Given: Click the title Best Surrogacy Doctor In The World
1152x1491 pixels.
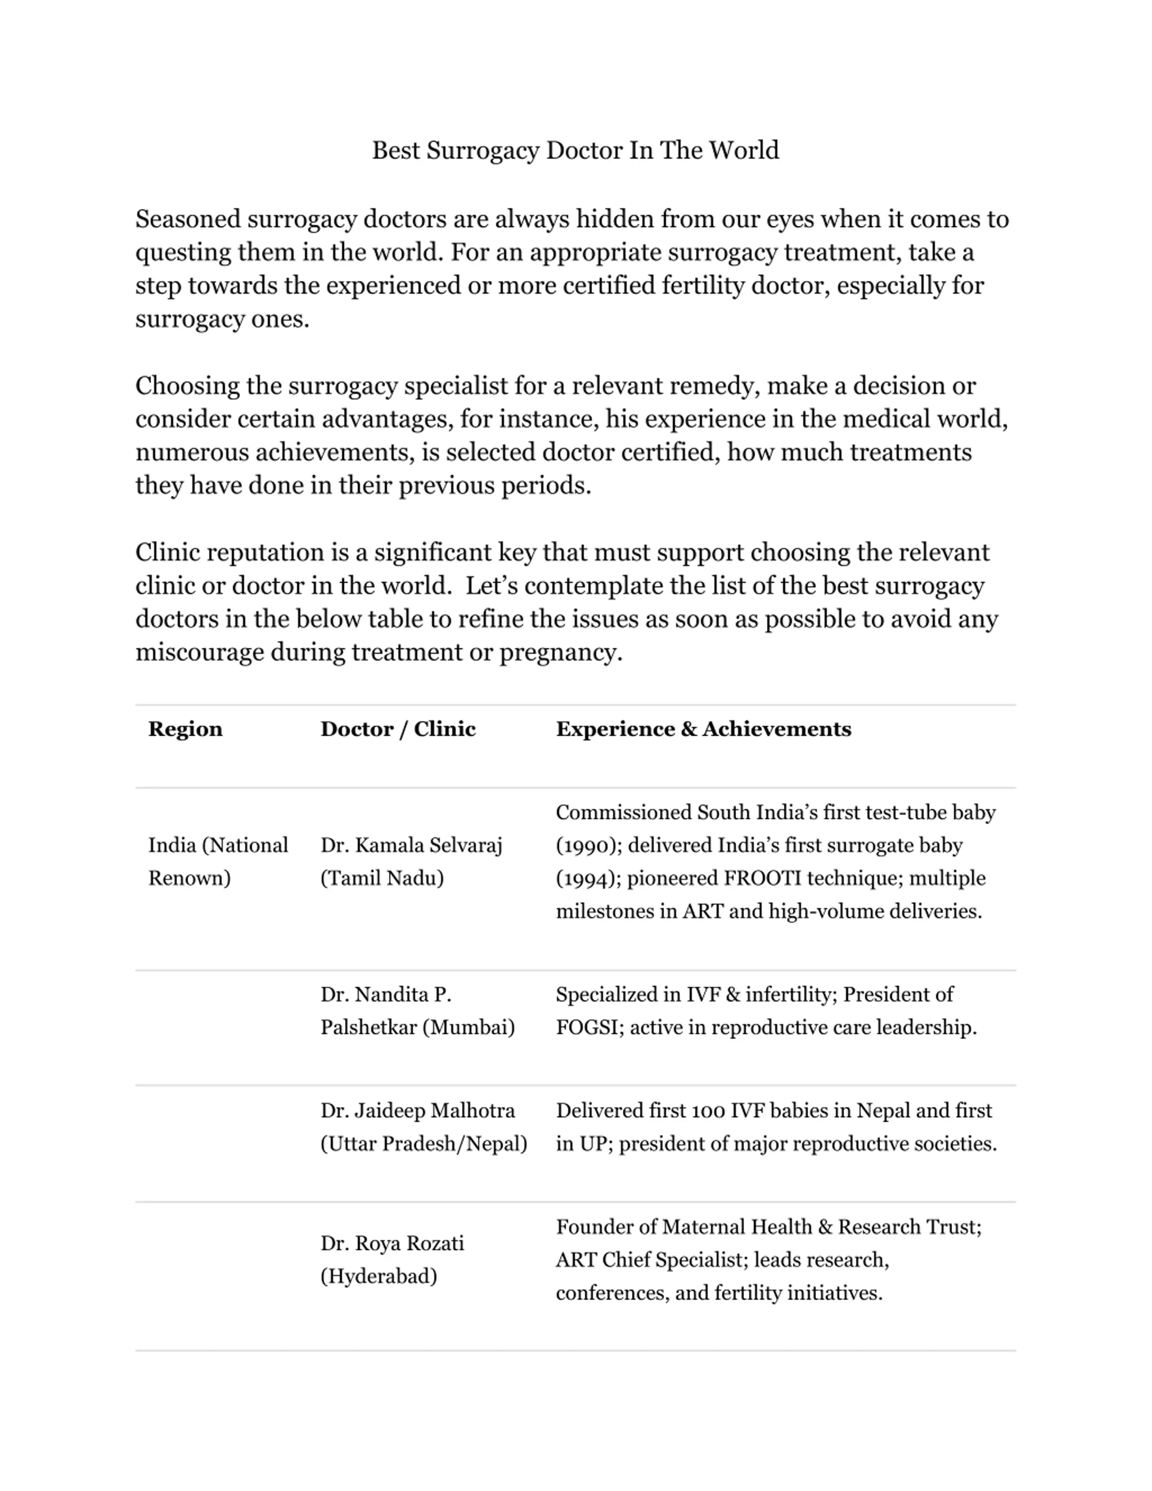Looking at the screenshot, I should [x=575, y=150].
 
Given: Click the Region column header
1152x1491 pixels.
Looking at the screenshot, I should [x=185, y=729].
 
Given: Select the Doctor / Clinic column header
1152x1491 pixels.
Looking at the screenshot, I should [x=398, y=729].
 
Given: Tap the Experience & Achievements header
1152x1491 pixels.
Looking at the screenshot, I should [x=703, y=729].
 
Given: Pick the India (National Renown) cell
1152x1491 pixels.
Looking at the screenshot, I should [x=218, y=861].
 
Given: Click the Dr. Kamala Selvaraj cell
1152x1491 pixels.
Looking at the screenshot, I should [x=411, y=861].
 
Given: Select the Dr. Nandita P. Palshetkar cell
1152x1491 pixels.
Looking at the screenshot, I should [x=417, y=1011].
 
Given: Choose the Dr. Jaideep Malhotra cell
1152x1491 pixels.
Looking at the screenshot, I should [x=423, y=1127].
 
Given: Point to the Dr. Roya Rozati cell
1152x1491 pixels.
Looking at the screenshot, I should [x=392, y=1260].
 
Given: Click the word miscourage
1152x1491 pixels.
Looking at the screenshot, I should [x=199, y=653].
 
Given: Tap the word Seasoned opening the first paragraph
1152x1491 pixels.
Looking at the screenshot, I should [x=188, y=219].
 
